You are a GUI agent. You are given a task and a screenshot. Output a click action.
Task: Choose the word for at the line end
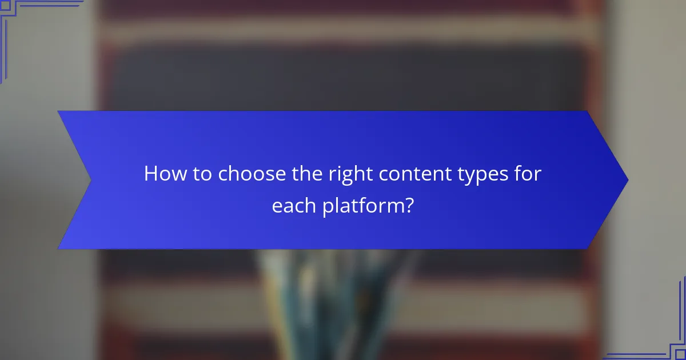(x=524, y=174)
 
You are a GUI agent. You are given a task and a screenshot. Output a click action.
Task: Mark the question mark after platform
(x=409, y=206)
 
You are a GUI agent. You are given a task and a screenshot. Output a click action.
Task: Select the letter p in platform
(x=328, y=208)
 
